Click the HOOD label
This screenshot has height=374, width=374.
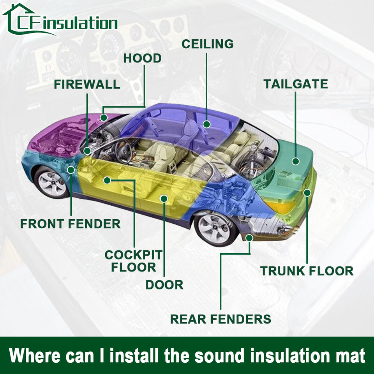(142, 58)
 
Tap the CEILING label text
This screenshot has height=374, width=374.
(208, 44)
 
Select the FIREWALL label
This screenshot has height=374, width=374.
(87, 84)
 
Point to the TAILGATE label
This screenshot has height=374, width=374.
(296, 84)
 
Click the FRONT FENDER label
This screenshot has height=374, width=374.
(70, 224)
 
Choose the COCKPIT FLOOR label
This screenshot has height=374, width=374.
(133, 261)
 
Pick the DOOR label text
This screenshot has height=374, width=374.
(164, 285)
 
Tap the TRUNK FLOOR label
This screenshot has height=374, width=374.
(307, 271)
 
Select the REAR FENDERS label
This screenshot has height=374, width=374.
(221, 319)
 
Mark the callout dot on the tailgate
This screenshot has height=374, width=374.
(296, 161)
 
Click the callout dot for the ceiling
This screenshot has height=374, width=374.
(206, 124)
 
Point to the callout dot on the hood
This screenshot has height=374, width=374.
(104, 117)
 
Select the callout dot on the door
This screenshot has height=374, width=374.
(164, 199)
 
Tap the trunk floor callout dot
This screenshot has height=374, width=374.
(307, 192)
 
